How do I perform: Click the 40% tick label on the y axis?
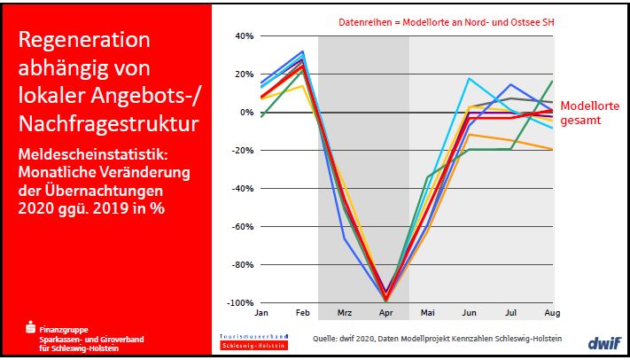tap(244, 36)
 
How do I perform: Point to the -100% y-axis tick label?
tap(240, 303)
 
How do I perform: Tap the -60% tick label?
tap(242, 227)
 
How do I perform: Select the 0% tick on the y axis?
tap(246, 113)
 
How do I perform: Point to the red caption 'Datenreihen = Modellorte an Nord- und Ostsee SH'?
tap(429, 20)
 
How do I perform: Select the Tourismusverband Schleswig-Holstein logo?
tap(253, 341)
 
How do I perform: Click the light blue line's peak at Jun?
tap(469, 79)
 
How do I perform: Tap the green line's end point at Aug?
tap(552, 82)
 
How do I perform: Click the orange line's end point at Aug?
tap(552, 149)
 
